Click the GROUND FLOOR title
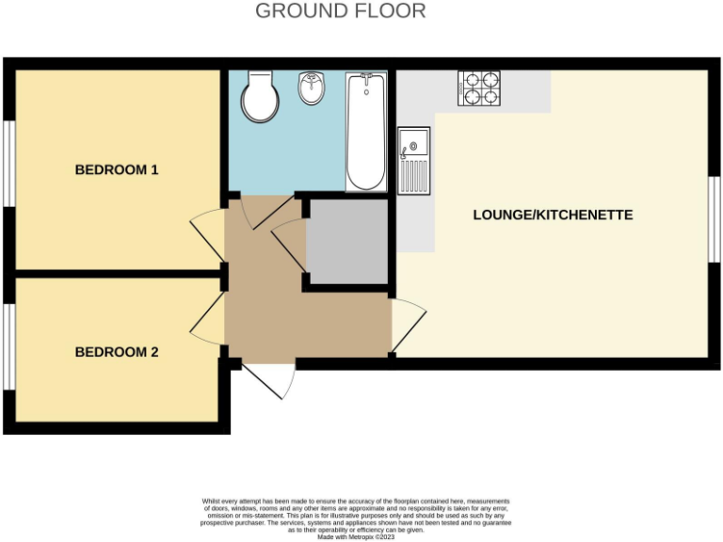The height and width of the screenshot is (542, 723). [x=340, y=11]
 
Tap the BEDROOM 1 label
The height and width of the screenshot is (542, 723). [x=117, y=170]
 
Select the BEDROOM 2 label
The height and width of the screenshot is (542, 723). [x=117, y=352]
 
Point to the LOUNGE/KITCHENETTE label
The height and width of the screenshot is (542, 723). [x=553, y=215]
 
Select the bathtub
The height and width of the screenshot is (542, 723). [x=365, y=131]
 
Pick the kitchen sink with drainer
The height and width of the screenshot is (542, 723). [x=413, y=161]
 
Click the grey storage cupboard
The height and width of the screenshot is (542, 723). [x=346, y=241]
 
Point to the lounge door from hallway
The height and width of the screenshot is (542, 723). [x=408, y=325]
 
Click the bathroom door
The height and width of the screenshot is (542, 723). [x=249, y=212]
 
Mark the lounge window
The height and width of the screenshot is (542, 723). [x=714, y=219]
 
